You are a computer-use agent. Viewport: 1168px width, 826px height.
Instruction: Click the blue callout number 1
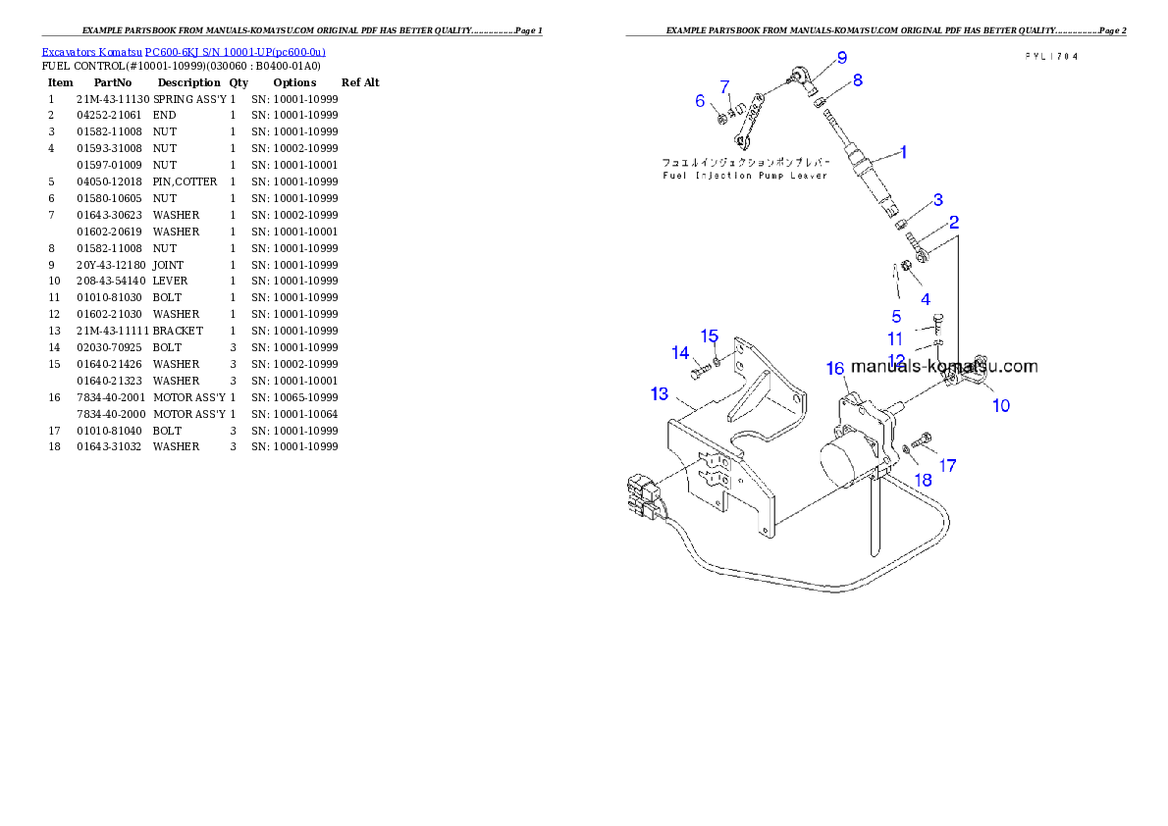903,152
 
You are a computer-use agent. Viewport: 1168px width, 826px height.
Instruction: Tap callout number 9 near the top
841,58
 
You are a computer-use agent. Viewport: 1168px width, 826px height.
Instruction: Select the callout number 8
857,80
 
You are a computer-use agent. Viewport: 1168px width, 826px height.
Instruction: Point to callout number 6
700,101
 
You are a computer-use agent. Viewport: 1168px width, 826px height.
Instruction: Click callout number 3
938,200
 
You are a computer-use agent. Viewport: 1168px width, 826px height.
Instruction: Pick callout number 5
896,316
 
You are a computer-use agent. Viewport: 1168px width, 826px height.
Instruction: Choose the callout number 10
1000,405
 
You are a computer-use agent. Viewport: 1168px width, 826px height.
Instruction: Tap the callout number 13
660,394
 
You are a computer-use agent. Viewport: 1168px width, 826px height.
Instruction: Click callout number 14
680,353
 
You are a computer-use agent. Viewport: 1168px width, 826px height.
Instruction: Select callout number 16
835,368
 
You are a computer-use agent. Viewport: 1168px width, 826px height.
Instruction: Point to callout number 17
948,466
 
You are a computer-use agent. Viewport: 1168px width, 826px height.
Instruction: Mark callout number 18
924,480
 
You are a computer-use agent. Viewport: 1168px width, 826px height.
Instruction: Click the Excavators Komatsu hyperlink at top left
184,51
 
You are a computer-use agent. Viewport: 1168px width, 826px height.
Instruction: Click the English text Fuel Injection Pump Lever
744,176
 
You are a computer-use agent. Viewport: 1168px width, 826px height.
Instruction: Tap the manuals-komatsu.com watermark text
944,367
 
